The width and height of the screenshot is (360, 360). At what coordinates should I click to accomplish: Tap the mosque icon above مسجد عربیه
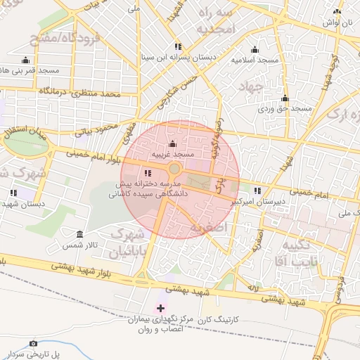tap(173, 144)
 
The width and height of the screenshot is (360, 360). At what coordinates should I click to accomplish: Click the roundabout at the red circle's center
tap(174, 169)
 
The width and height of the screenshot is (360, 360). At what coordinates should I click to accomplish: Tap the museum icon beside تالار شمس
tap(79, 233)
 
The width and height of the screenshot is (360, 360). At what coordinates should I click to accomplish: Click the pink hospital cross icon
tap(160, 308)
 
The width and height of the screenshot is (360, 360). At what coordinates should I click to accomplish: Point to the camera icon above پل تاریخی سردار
tap(33, 343)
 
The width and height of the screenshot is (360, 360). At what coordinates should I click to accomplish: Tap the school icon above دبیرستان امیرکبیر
tap(257, 191)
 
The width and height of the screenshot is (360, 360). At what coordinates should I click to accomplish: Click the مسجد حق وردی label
tap(284, 109)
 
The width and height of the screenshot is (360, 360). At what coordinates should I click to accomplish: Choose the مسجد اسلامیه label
tap(255, 60)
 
